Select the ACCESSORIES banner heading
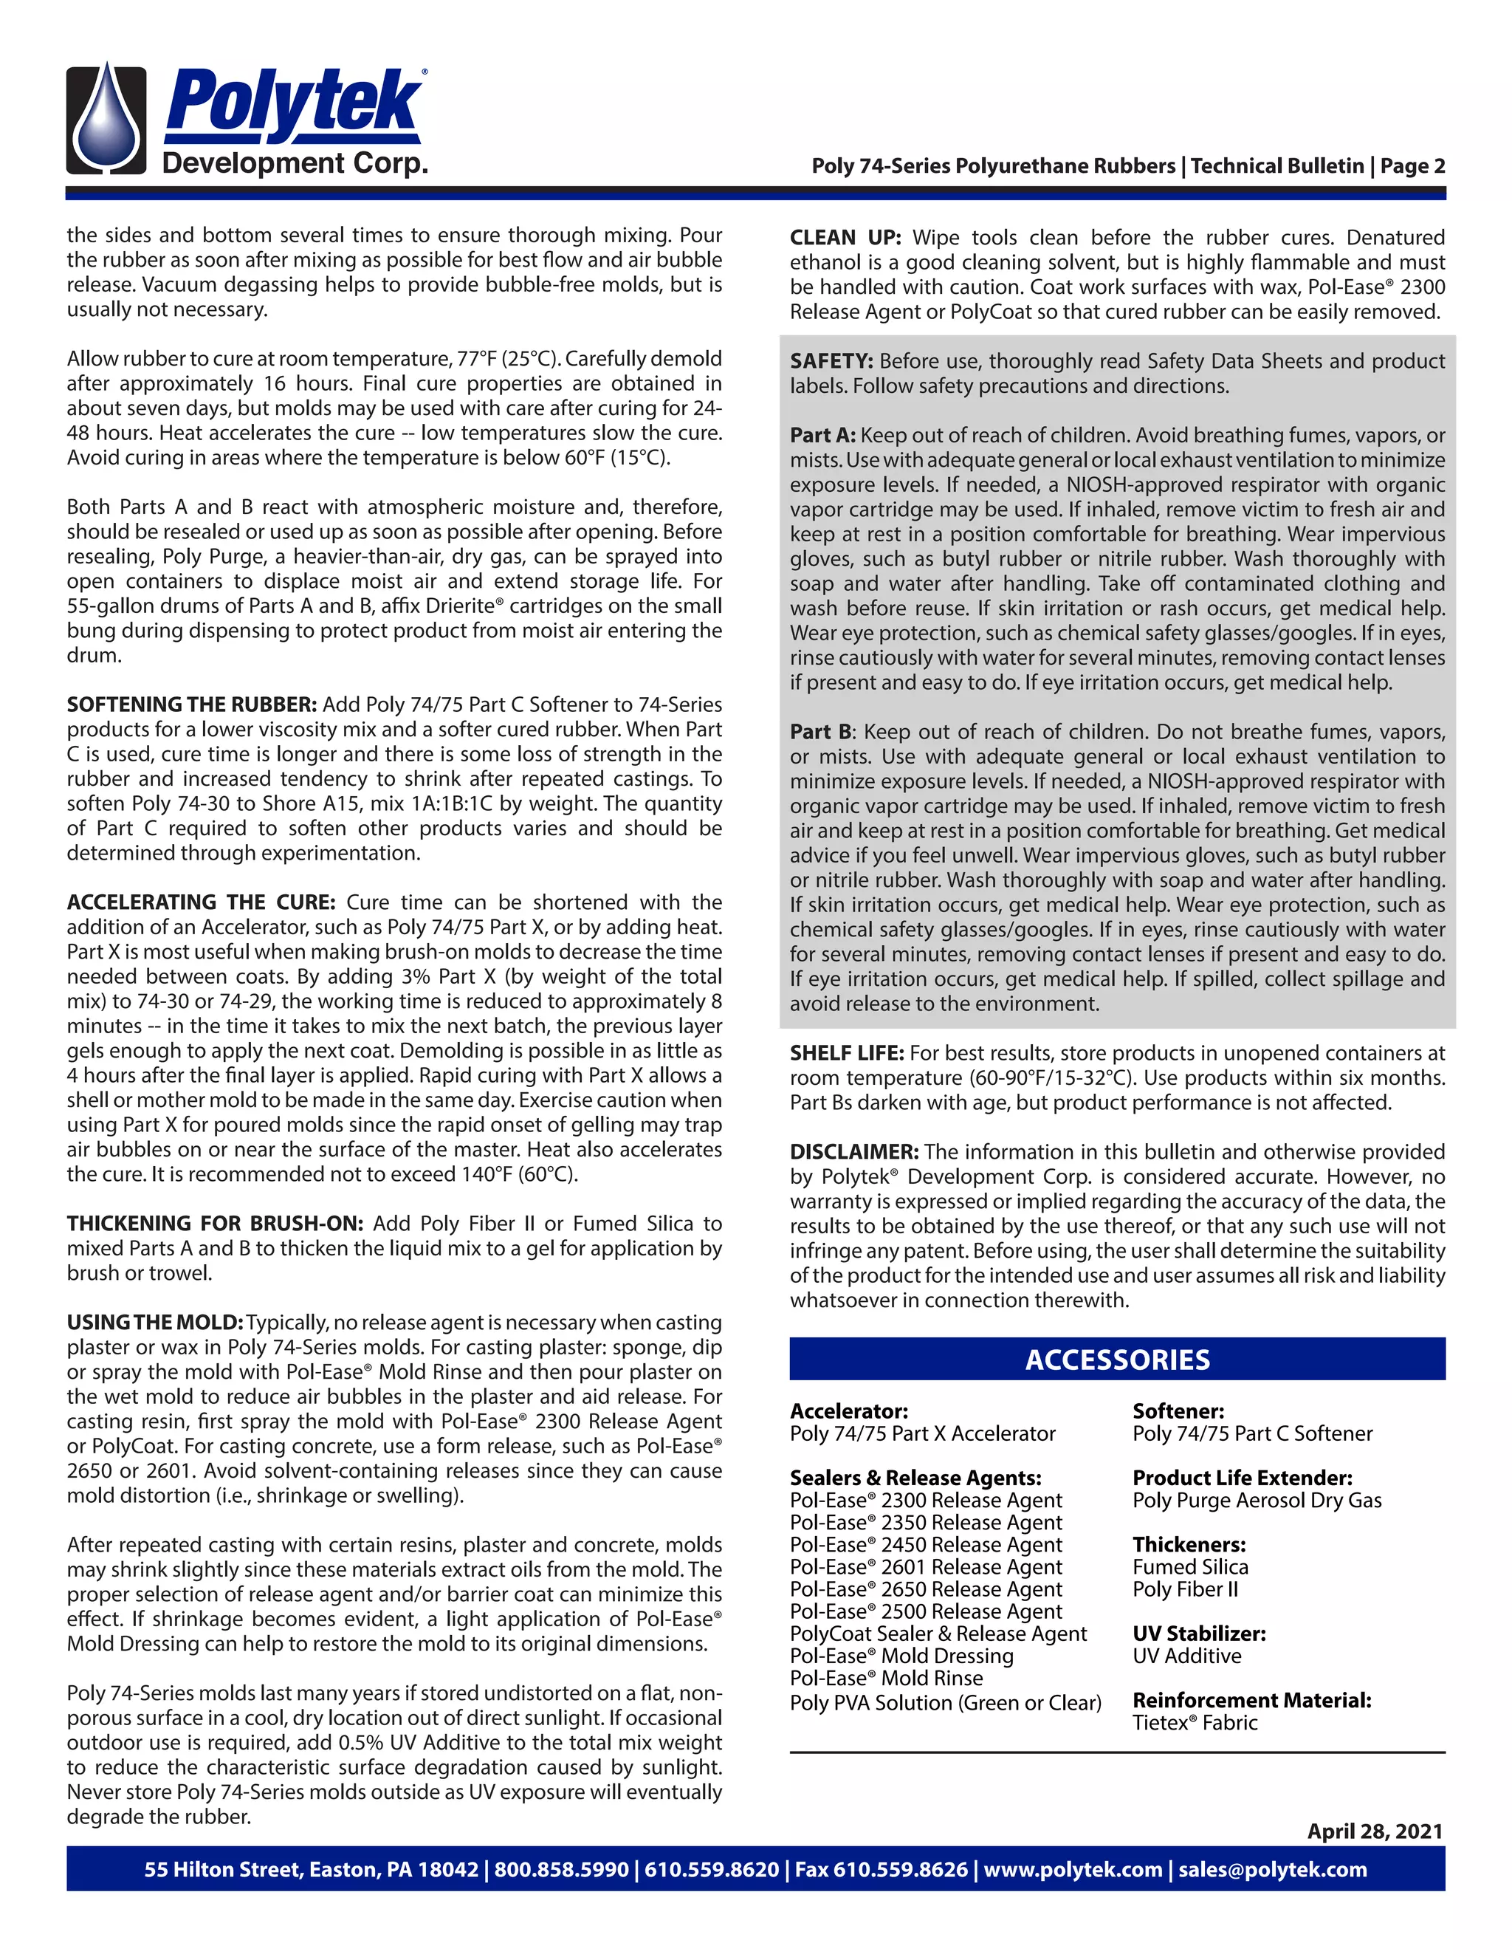1117,1360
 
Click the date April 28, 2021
1375,1831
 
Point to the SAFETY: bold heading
831,361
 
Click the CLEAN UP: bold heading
845,238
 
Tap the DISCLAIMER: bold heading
853,1151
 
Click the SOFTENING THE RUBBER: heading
192,705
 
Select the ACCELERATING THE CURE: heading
201,902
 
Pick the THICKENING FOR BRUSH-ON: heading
215,1223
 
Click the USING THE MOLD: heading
155,1323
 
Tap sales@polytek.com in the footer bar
1272,1869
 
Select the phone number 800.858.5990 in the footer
561,1869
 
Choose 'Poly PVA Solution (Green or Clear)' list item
945,1702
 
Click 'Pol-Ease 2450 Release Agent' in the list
925,1545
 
